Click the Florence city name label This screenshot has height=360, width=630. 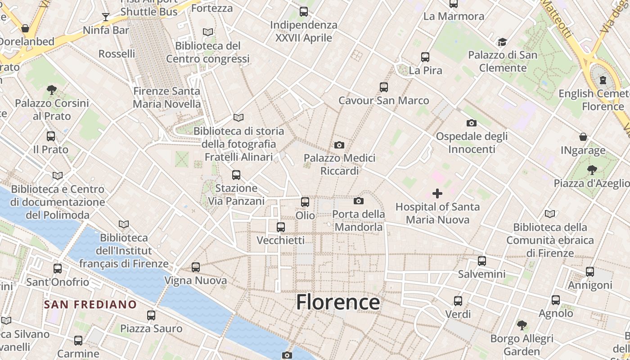337,302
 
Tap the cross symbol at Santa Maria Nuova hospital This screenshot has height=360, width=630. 437,193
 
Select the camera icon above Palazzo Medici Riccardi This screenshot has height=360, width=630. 339,145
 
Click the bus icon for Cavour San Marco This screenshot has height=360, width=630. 383,87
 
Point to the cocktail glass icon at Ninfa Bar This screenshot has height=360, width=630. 106,17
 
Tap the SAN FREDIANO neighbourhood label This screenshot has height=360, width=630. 90,305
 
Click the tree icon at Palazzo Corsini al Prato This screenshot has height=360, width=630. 52,90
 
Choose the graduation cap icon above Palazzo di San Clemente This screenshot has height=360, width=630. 502,42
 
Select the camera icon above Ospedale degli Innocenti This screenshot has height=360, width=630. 471,123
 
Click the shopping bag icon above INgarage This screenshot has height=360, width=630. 583,137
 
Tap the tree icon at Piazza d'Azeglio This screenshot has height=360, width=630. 592,170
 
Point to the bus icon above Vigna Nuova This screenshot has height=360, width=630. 195,267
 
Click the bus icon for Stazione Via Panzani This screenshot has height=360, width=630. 236,175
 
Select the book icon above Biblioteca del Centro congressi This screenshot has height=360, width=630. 207,32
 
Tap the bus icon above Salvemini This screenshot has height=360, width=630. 481,261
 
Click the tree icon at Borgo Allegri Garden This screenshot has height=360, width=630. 522,325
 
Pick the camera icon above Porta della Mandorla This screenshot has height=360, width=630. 358,201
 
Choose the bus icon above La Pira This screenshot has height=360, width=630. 425,57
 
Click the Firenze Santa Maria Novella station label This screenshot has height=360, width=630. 166,97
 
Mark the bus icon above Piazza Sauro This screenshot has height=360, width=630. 151,315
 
